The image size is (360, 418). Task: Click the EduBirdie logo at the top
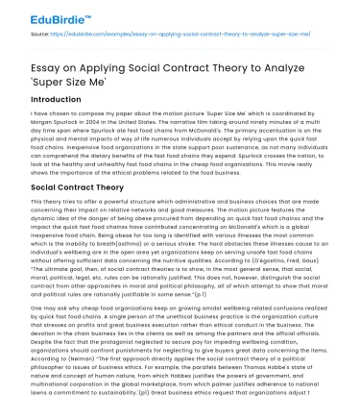pos(40,14)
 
